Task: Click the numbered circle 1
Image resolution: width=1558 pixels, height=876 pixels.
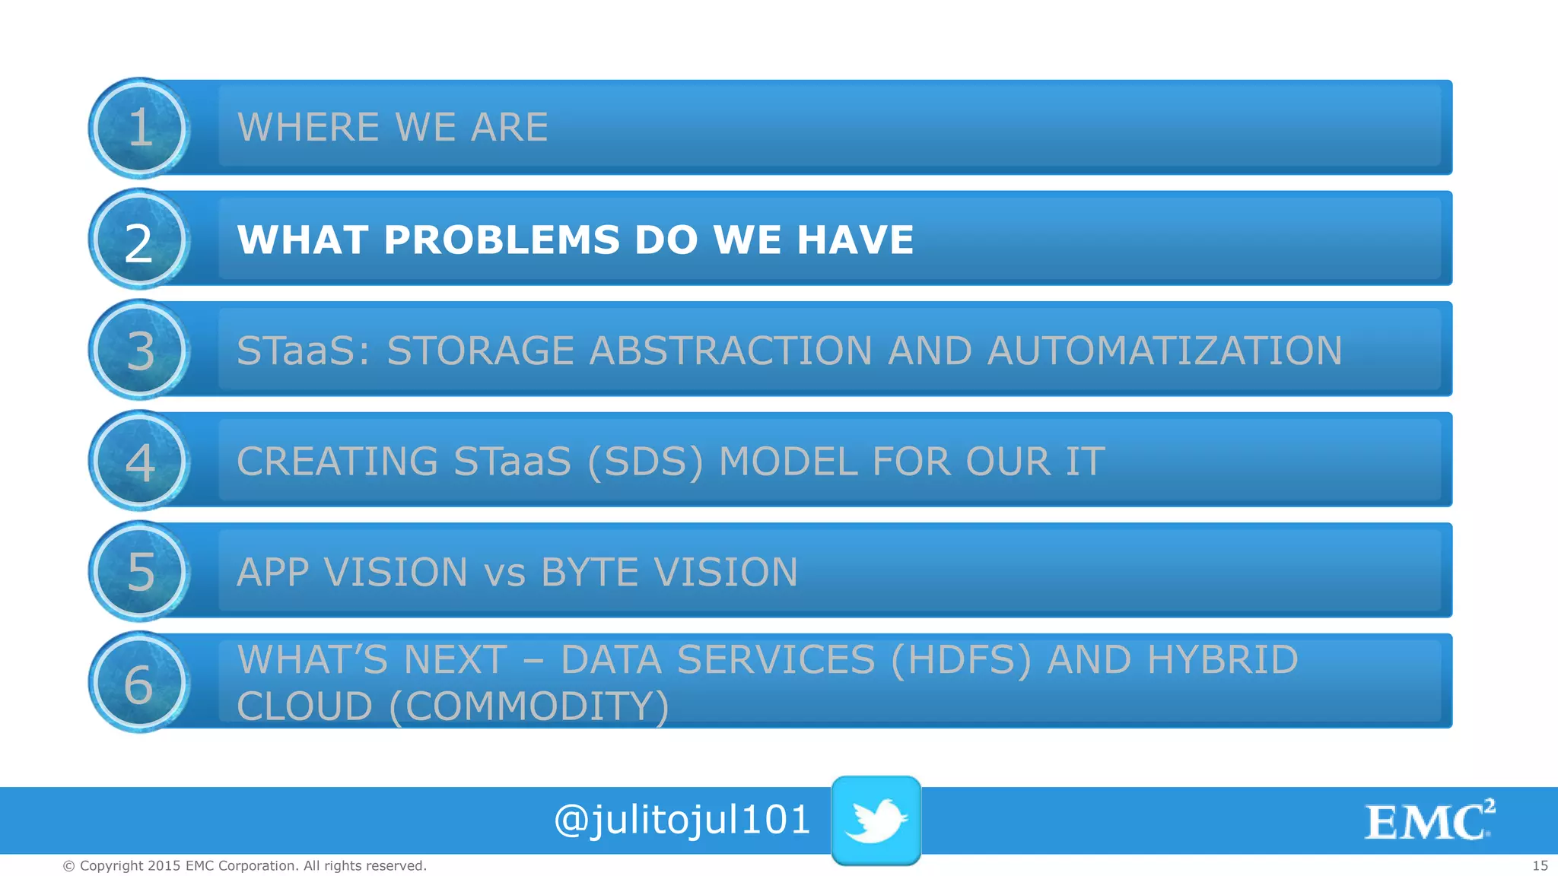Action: tap(139, 128)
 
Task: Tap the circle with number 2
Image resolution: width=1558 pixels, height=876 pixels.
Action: tap(139, 240)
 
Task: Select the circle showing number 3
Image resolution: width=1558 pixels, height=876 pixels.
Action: tap(139, 351)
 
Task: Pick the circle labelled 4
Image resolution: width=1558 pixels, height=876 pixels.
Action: tap(139, 461)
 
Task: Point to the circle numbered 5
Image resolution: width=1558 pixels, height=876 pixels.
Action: tap(139, 571)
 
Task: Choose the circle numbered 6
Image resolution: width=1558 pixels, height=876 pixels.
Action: tap(139, 682)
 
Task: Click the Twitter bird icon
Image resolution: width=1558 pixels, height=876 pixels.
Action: tap(876, 820)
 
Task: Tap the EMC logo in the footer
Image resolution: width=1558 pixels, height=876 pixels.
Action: tap(1429, 821)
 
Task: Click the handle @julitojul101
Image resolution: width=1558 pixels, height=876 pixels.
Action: tap(682, 820)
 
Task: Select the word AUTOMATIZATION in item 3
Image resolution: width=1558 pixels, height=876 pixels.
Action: tap(1164, 351)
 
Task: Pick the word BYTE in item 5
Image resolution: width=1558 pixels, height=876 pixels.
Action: tap(590, 573)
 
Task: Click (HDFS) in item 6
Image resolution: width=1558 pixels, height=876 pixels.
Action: tap(961, 660)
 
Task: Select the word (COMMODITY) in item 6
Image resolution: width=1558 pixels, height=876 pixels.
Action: tap(529, 706)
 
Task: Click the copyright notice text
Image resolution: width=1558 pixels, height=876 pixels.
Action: tap(244, 865)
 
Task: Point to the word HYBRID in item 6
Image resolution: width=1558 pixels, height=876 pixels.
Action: tap(1223, 660)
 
